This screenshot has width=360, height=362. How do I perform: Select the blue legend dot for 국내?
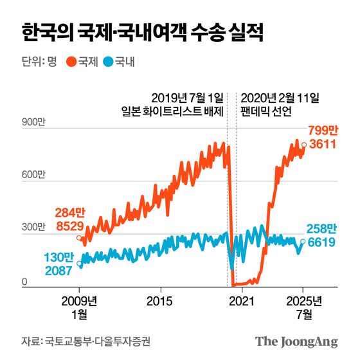[x=109, y=62]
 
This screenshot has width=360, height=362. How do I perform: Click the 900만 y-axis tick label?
[x=34, y=122]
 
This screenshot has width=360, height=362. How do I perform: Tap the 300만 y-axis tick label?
[x=34, y=228]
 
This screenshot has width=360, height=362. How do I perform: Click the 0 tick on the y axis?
[x=24, y=281]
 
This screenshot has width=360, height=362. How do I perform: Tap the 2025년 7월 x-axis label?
[x=303, y=307]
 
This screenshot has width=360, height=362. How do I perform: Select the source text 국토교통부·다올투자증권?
[x=100, y=341]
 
